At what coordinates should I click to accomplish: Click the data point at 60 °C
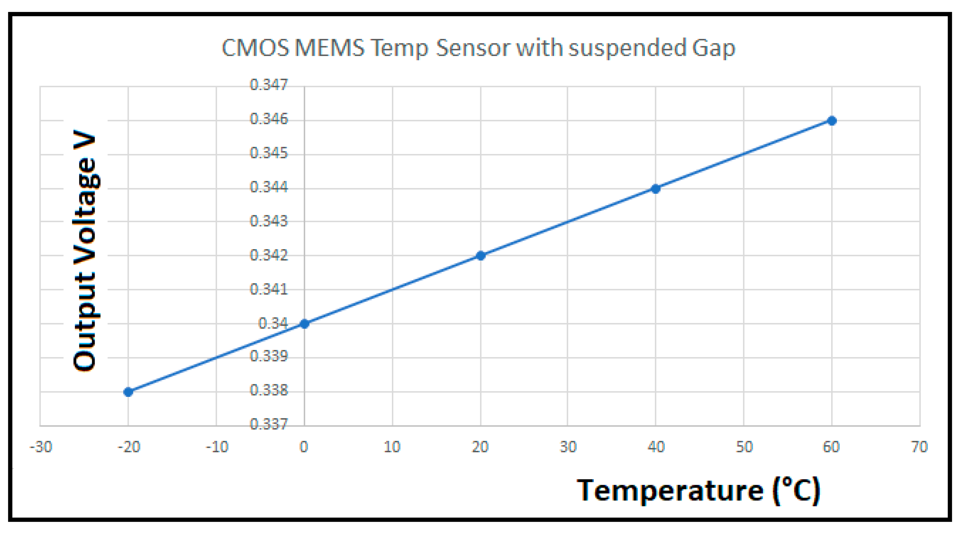832,121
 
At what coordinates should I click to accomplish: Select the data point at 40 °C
656,189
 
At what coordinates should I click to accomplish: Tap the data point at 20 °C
481,256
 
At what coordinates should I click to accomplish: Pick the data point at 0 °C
305,324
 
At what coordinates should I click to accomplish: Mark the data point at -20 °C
128,392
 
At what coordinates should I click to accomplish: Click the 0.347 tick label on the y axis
269,85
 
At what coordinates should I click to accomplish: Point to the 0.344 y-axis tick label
269,187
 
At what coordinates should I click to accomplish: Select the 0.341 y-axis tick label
269,289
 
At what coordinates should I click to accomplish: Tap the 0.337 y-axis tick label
269,424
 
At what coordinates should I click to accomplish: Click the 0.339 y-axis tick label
269,356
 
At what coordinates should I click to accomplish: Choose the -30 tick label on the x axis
41,447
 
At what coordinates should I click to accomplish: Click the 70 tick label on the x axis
919,447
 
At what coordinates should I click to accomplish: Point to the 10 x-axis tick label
392,447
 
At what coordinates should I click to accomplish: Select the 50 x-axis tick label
744,447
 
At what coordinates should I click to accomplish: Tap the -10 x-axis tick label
217,447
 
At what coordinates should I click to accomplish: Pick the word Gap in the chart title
713,49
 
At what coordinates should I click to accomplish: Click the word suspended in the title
627,49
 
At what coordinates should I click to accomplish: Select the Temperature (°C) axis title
698,491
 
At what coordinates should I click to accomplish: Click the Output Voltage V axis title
85,250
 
